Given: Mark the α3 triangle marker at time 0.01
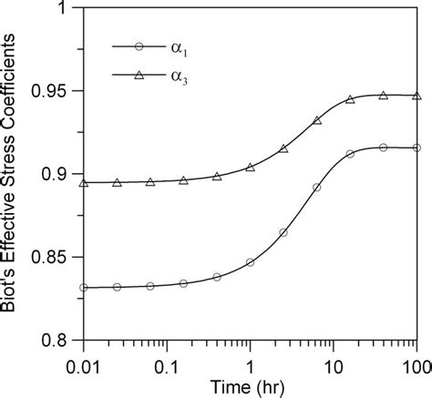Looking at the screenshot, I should click(84, 183).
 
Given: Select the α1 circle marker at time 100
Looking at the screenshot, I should click(417, 148).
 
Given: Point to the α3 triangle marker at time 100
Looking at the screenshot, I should click(417, 96).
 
